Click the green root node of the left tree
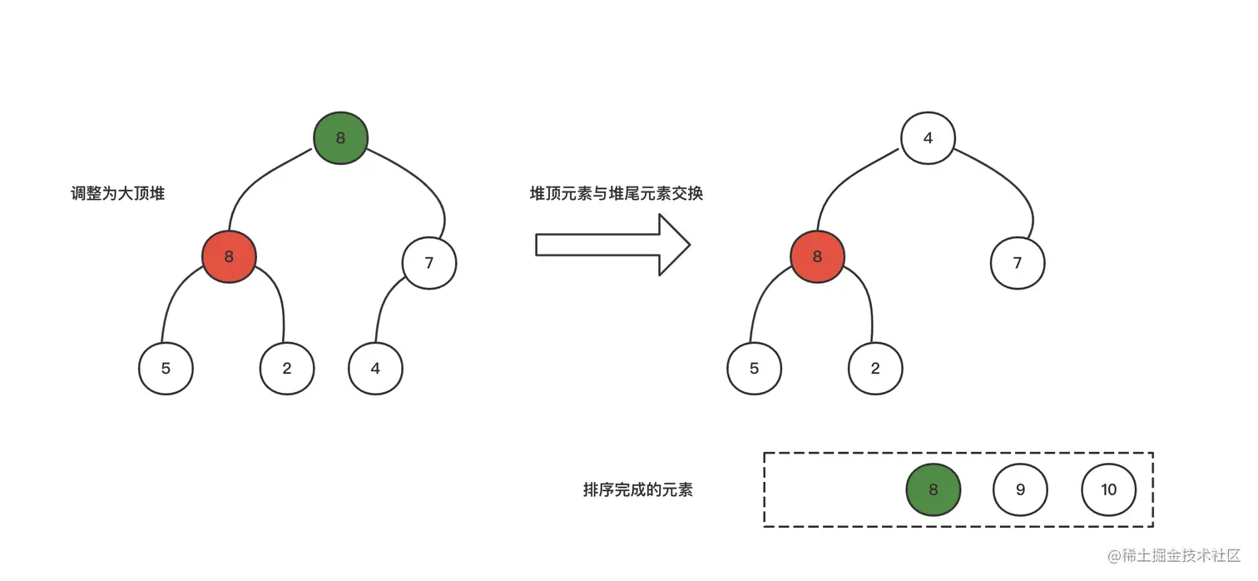(x=340, y=138)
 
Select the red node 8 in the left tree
(x=229, y=256)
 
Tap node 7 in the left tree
(x=429, y=263)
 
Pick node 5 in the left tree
(x=166, y=367)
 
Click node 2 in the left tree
(x=287, y=367)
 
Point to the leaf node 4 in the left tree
(x=375, y=367)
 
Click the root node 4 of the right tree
(x=928, y=138)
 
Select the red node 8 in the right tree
(x=817, y=256)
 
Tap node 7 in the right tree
(x=1017, y=263)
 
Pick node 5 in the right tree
(x=754, y=367)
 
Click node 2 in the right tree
(x=875, y=367)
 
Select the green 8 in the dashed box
(x=933, y=489)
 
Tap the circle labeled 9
(x=1020, y=489)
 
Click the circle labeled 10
(x=1108, y=489)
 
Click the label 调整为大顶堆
(x=117, y=194)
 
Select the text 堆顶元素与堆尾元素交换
(x=616, y=194)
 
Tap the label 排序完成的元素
(x=638, y=489)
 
